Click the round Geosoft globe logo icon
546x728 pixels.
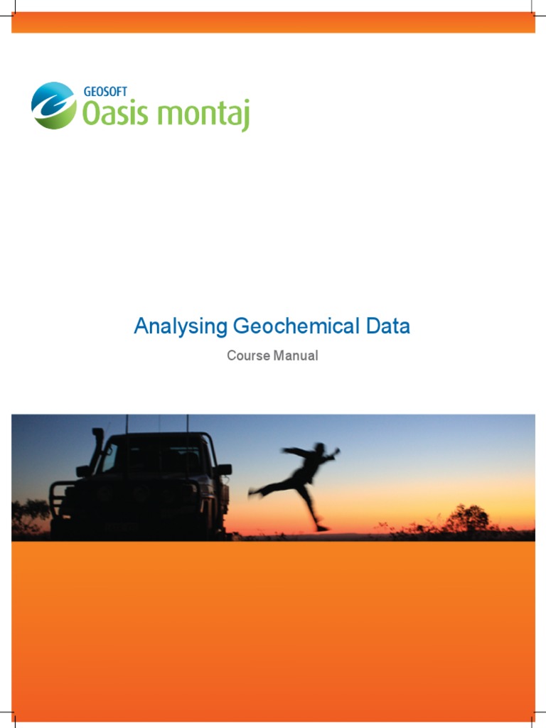[x=53, y=105]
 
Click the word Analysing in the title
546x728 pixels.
[x=181, y=327]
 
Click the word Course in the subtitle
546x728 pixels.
[x=248, y=355]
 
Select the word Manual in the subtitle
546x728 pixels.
[x=296, y=355]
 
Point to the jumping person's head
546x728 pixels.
[x=321, y=449]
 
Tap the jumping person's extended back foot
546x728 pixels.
[x=253, y=491]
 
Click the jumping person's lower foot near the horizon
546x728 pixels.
[x=322, y=528]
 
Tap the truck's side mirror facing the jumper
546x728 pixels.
[x=225, y=469]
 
